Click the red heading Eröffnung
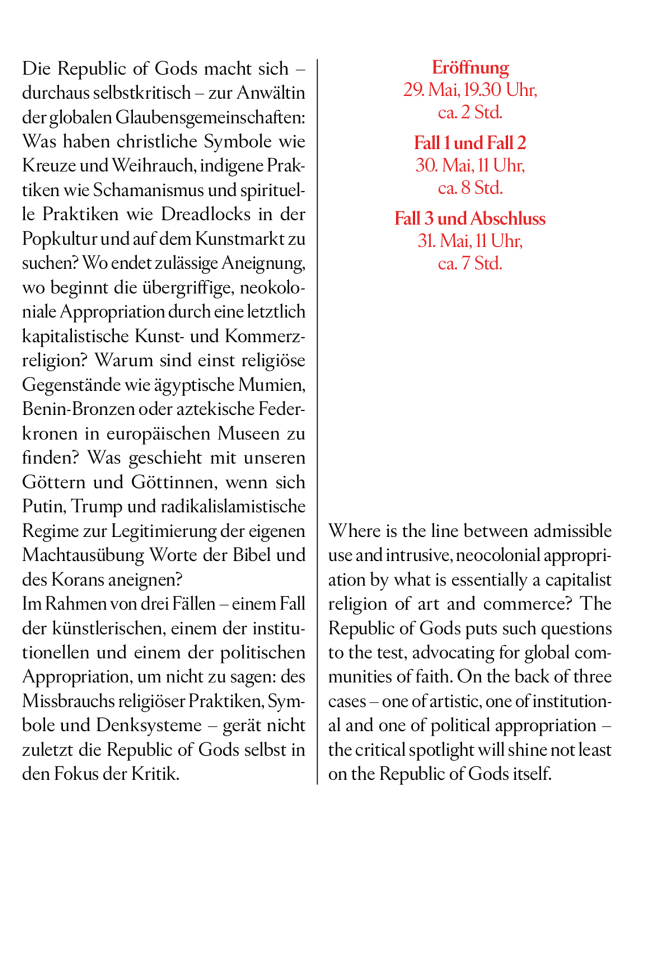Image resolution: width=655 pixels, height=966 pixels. (470, 68)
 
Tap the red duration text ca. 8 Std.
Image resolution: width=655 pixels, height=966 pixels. (470, 188)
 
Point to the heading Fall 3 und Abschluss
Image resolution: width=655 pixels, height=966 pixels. (470, 218)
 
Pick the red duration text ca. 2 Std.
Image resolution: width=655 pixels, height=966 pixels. (470, 112)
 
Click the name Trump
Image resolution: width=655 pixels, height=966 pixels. (97, 507)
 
